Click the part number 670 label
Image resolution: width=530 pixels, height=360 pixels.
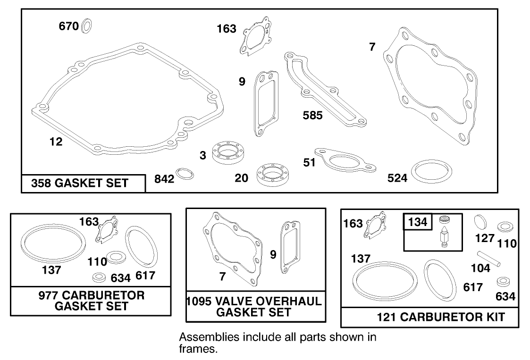[68, 26]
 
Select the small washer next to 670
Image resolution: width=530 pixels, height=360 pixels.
[86, 26]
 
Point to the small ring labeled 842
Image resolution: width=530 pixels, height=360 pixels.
[185, 174]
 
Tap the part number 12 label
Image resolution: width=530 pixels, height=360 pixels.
[56, 142]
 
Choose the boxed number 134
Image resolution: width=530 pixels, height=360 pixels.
[417, 222]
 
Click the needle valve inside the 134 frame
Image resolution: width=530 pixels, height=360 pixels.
[444, 234]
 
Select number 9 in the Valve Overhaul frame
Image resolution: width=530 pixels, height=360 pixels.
[273, 255]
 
